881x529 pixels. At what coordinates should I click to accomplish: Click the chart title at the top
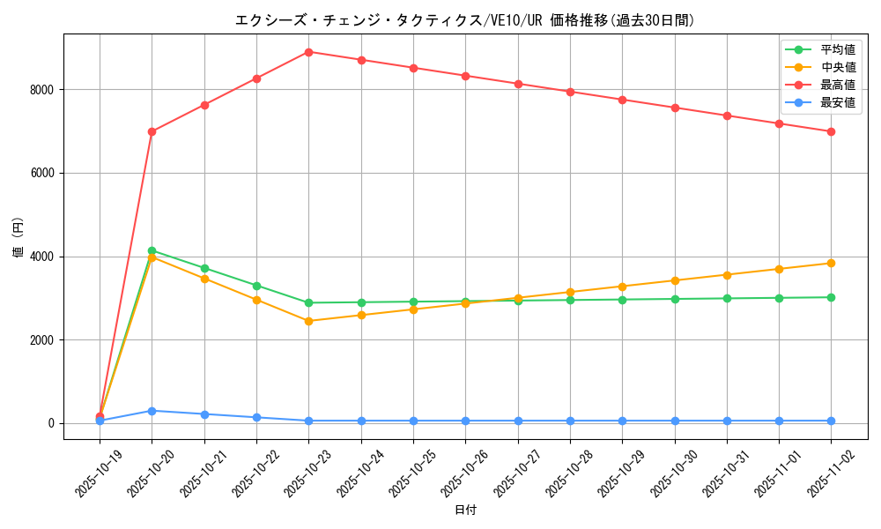[x=464, y=20]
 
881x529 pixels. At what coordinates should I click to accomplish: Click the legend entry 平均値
[x=837, y=49]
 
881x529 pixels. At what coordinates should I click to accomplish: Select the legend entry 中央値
[x=837, y=67]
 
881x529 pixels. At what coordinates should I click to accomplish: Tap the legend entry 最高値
[x=837, y=85]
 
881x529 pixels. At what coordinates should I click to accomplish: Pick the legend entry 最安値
[x=837, y=102]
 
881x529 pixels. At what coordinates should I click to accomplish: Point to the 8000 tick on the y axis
[x=41, y=90]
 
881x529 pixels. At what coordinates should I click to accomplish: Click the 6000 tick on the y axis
[x=41, y=174]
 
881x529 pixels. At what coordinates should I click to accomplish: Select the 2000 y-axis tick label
[x=41, y=340]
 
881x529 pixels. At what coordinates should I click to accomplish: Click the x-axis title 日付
[x=465, y=510]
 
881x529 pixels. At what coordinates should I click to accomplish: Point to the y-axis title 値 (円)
[x=18, y=237]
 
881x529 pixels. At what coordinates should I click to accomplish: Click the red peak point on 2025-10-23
[x=308, y=52]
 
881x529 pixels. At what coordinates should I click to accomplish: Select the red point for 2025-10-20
[x=152, y=131]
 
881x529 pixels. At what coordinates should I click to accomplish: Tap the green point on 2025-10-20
[x=152, y=250]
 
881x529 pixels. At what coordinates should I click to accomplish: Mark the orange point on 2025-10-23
[x=308, y=321]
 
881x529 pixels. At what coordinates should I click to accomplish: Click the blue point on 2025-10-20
[x=152, y=411]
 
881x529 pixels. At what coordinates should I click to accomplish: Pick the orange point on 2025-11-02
[x=831, y=263]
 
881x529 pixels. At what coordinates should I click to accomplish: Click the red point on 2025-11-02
[x=831, y=131]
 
